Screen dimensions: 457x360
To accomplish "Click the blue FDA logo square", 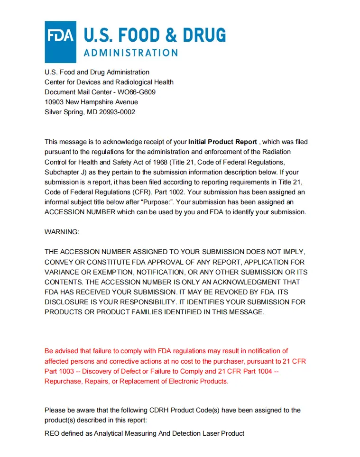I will point(60,42).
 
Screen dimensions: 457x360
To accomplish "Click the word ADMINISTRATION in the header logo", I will point(130,53).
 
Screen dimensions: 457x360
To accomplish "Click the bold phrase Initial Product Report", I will point(222,142).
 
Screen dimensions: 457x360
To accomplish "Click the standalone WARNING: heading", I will point(62,232).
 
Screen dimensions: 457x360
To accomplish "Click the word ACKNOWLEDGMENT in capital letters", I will point(256,282).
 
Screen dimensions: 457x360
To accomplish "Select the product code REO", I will point(52,433).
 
